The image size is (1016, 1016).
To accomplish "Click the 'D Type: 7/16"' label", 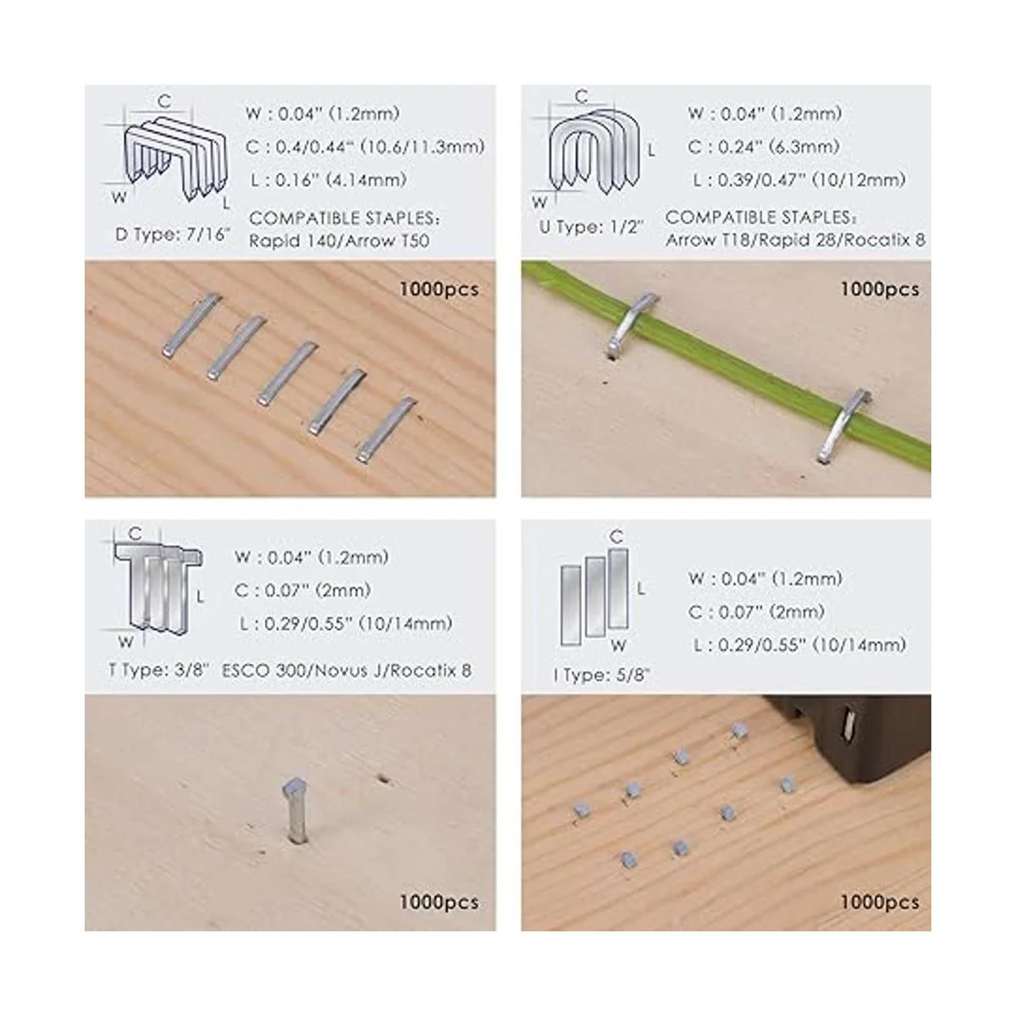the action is pyautogui.click(x=173, y=235).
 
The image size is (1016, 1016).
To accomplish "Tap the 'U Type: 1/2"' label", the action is pyautogui.click(x=592, y=228).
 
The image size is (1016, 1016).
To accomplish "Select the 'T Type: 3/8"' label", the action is pyautogui.click(x=159, y=671).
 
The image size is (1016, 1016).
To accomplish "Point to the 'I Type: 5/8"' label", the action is pyautogui.click(x=602, y=675).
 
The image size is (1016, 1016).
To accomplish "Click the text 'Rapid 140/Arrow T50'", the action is pyautogui.click(x=339, y=241).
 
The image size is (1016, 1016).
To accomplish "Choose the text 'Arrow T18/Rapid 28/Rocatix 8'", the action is pyautogui.click(x=795, y=240).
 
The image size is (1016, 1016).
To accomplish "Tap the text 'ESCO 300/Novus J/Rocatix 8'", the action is pyautogui.click(x=346, y=671).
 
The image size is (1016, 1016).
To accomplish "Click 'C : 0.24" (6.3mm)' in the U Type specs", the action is pyautogui.click(x=764, y=146).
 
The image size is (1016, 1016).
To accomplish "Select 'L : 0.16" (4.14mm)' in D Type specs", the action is pyautogui.click(x=329, y=179).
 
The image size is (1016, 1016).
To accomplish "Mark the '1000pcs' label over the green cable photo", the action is pyautogui.click(x=880, y=290).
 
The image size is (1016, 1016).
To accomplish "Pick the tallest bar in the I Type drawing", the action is pyautogui.click(x=618, y=588).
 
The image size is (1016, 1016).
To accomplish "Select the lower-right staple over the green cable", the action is pyautogui.click(x=842, y=427).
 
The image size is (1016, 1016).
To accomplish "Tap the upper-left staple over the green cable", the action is pyautogui.click(x=632, y=323).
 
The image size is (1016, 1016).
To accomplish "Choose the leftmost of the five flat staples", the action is pyautogui.click(x=190, y=324).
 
